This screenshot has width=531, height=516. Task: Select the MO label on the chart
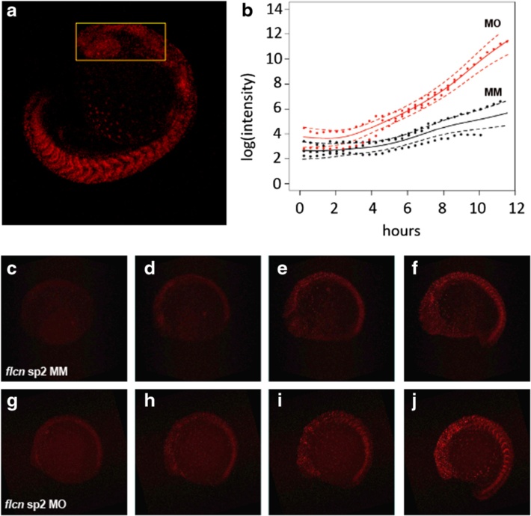pos(491,24)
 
